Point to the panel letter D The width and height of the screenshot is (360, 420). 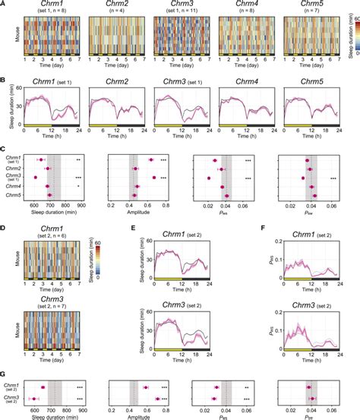(4, 226)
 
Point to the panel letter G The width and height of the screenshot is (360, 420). (4, 374)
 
